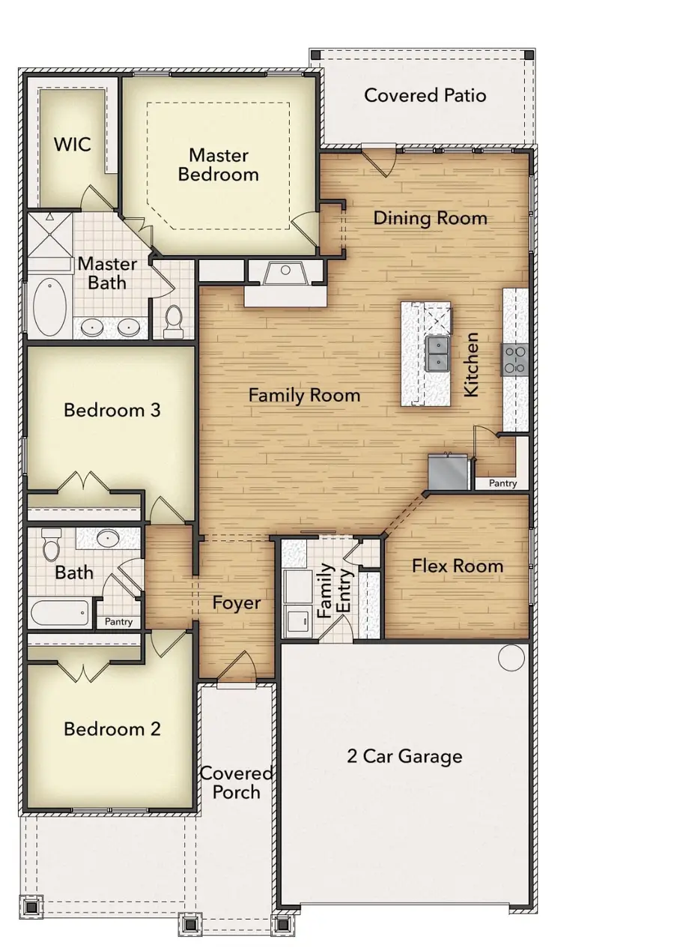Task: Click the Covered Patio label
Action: coord(425,96)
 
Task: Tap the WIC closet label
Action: coord(73,144)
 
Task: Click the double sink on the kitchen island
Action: coord(437,353)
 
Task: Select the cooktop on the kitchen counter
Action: coord(516,359)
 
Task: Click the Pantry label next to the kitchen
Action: coord(503,483)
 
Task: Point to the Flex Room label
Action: coord(458,566)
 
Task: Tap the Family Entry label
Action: coord(334,591)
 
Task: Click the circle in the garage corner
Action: coord(512,657)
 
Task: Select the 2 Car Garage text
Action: coord(404,756)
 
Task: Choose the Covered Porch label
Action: coord(236,782)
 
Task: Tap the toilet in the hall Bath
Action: coord(52,546)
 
